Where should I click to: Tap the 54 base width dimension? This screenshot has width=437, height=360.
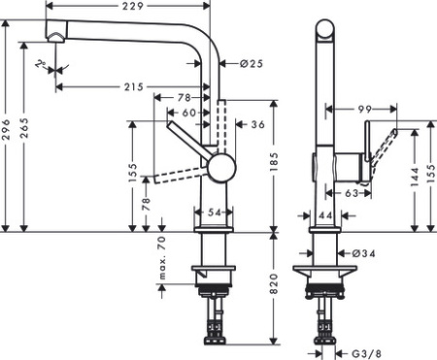(216, 212)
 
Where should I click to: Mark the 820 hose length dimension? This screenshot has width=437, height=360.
(275, 286)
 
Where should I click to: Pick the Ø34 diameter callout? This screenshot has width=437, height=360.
(364, 254)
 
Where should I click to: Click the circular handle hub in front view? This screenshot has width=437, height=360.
(220, 167)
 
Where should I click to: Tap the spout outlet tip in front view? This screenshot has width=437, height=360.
(55, 38)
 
